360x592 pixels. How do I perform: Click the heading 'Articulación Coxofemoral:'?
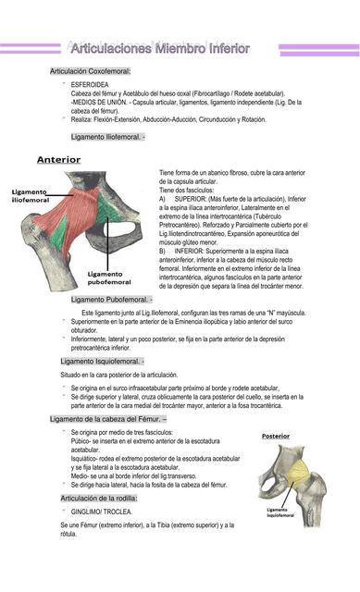click(x=90, y=70)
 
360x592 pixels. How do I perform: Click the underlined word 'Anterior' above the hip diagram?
click(x=58, y=160)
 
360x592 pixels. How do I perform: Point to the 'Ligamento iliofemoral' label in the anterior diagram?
click(x=31, y=195)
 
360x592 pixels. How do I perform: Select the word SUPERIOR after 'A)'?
click(x=192, y=199)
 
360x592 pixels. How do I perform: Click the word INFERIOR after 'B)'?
click(x=191, y=251)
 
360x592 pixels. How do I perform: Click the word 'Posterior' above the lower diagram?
click(x=275, y=436)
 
